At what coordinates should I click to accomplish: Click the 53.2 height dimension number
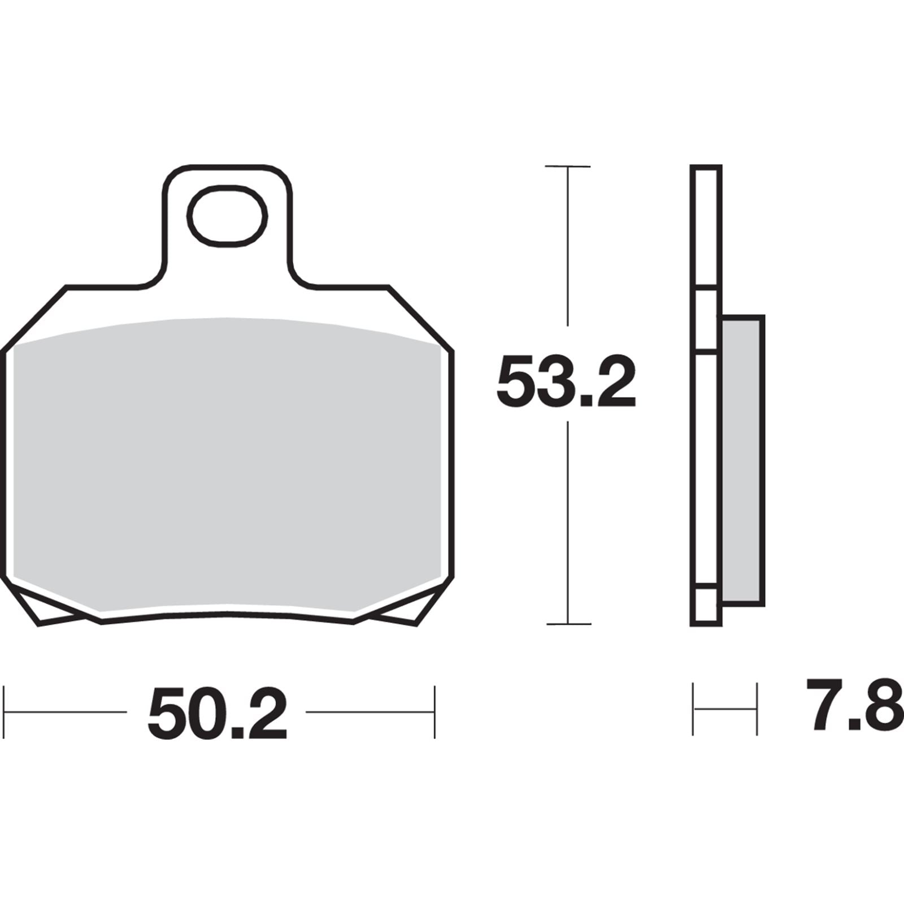tap(566, 382)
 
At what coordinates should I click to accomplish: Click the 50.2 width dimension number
tap(218, 712)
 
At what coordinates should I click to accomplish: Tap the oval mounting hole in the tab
tap(227, 216)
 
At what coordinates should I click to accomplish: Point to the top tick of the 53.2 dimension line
tap(568, 167)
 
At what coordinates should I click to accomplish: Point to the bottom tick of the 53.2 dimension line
tap(568, 624)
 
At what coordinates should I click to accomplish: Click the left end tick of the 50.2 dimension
tap(5, 712)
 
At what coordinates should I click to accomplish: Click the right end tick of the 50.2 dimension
tap(434, 712)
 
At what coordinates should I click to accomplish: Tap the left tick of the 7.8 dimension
tap(693, 709)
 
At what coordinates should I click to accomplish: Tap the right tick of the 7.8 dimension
tap(757, 709)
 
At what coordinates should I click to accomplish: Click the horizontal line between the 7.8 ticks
tap(725, 709)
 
